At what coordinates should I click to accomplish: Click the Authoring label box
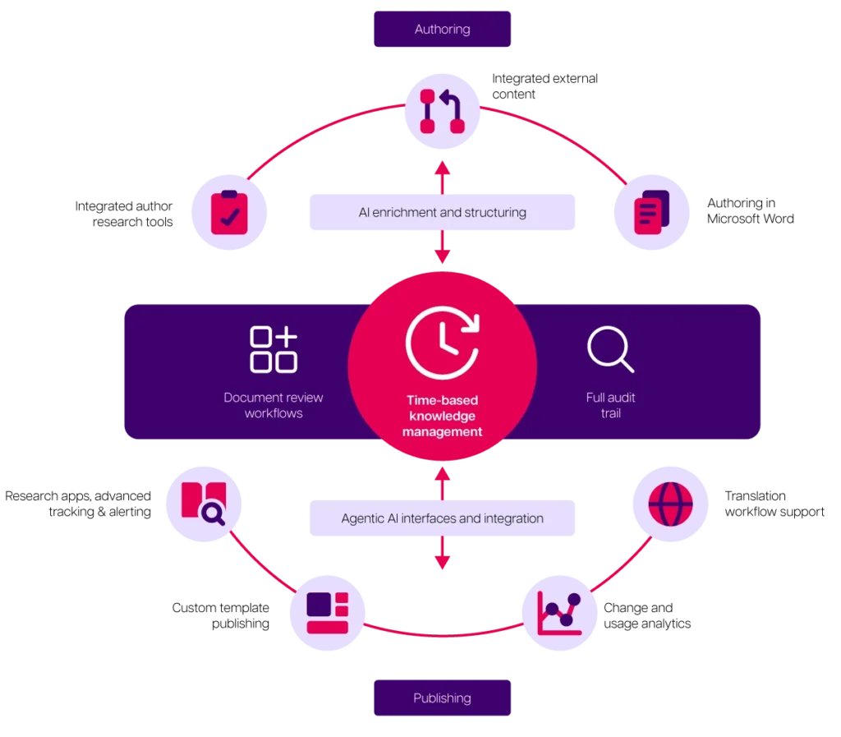click(x=442, y=30)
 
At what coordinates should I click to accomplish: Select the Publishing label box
click(x=442, y=698)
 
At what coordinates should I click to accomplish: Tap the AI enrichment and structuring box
click(x=443, y=213)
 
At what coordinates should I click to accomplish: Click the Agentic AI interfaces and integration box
click(x=443, y=518)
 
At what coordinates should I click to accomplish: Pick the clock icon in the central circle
click(x=442, y=342)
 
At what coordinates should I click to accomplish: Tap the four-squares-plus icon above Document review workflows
click(x=273, y=349)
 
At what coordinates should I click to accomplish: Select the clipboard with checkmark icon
click(x=230, y=214)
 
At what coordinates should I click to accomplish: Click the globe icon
click(x=669, y=504)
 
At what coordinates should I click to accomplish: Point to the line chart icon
click(x=558, y=613)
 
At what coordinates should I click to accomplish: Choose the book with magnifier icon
click(x=203, y=504)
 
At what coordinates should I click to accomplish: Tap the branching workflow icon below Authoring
click(x=443, y=111)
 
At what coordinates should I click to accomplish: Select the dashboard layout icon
click(x=328, y=613)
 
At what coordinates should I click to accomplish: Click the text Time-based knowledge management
click(x=442, y=416)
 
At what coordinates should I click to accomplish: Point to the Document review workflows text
click(x=273, y=405)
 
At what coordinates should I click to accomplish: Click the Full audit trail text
click(x=610, y=405)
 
